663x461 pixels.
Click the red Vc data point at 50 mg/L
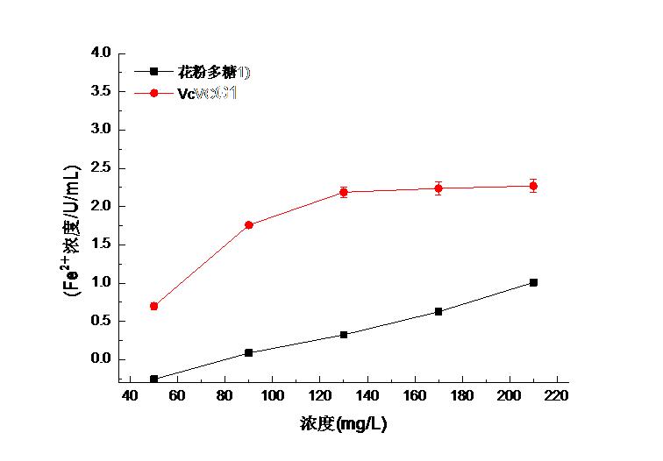point(154,306)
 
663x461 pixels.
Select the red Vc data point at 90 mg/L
point(249,225)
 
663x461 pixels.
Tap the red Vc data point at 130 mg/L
point(344,192)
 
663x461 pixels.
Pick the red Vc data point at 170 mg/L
point(438,188)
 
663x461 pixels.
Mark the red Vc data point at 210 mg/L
point(533,186)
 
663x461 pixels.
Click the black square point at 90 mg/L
point(249,352)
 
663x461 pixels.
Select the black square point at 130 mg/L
point(344,335)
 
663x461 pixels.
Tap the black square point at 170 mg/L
point(438,311)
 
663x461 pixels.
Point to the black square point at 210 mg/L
point(533,282)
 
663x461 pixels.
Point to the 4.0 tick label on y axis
point(101,53)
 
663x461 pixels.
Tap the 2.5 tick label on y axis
point(101,168)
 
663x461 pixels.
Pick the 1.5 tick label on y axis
point(101,245)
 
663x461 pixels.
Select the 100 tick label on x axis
point(272,395)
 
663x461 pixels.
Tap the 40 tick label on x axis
point(130,395)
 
